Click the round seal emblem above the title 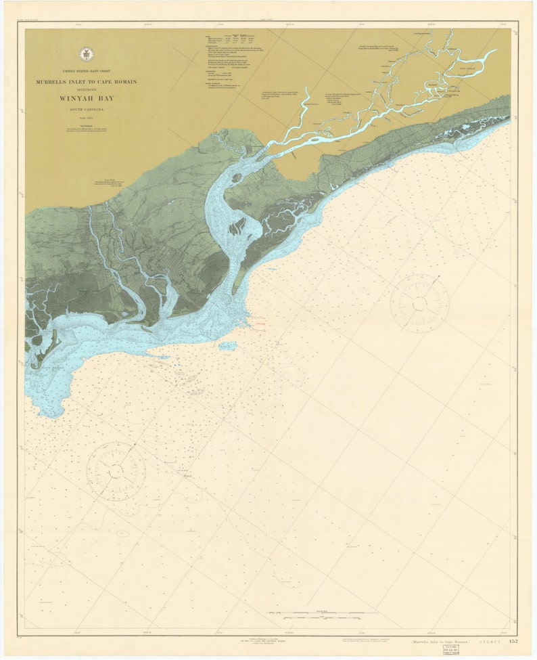86,55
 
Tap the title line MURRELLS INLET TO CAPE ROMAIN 87,82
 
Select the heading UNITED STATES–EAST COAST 87,70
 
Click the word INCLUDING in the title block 87,89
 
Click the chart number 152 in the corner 513,640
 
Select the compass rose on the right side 419,303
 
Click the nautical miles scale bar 321,616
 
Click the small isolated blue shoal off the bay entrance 229,346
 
